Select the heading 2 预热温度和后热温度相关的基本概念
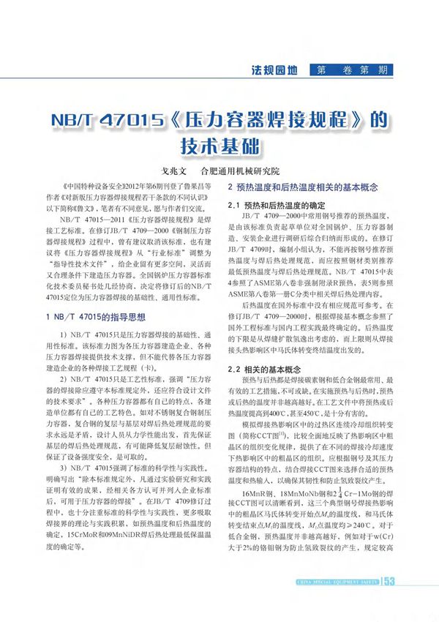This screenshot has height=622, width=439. point(302,188)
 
